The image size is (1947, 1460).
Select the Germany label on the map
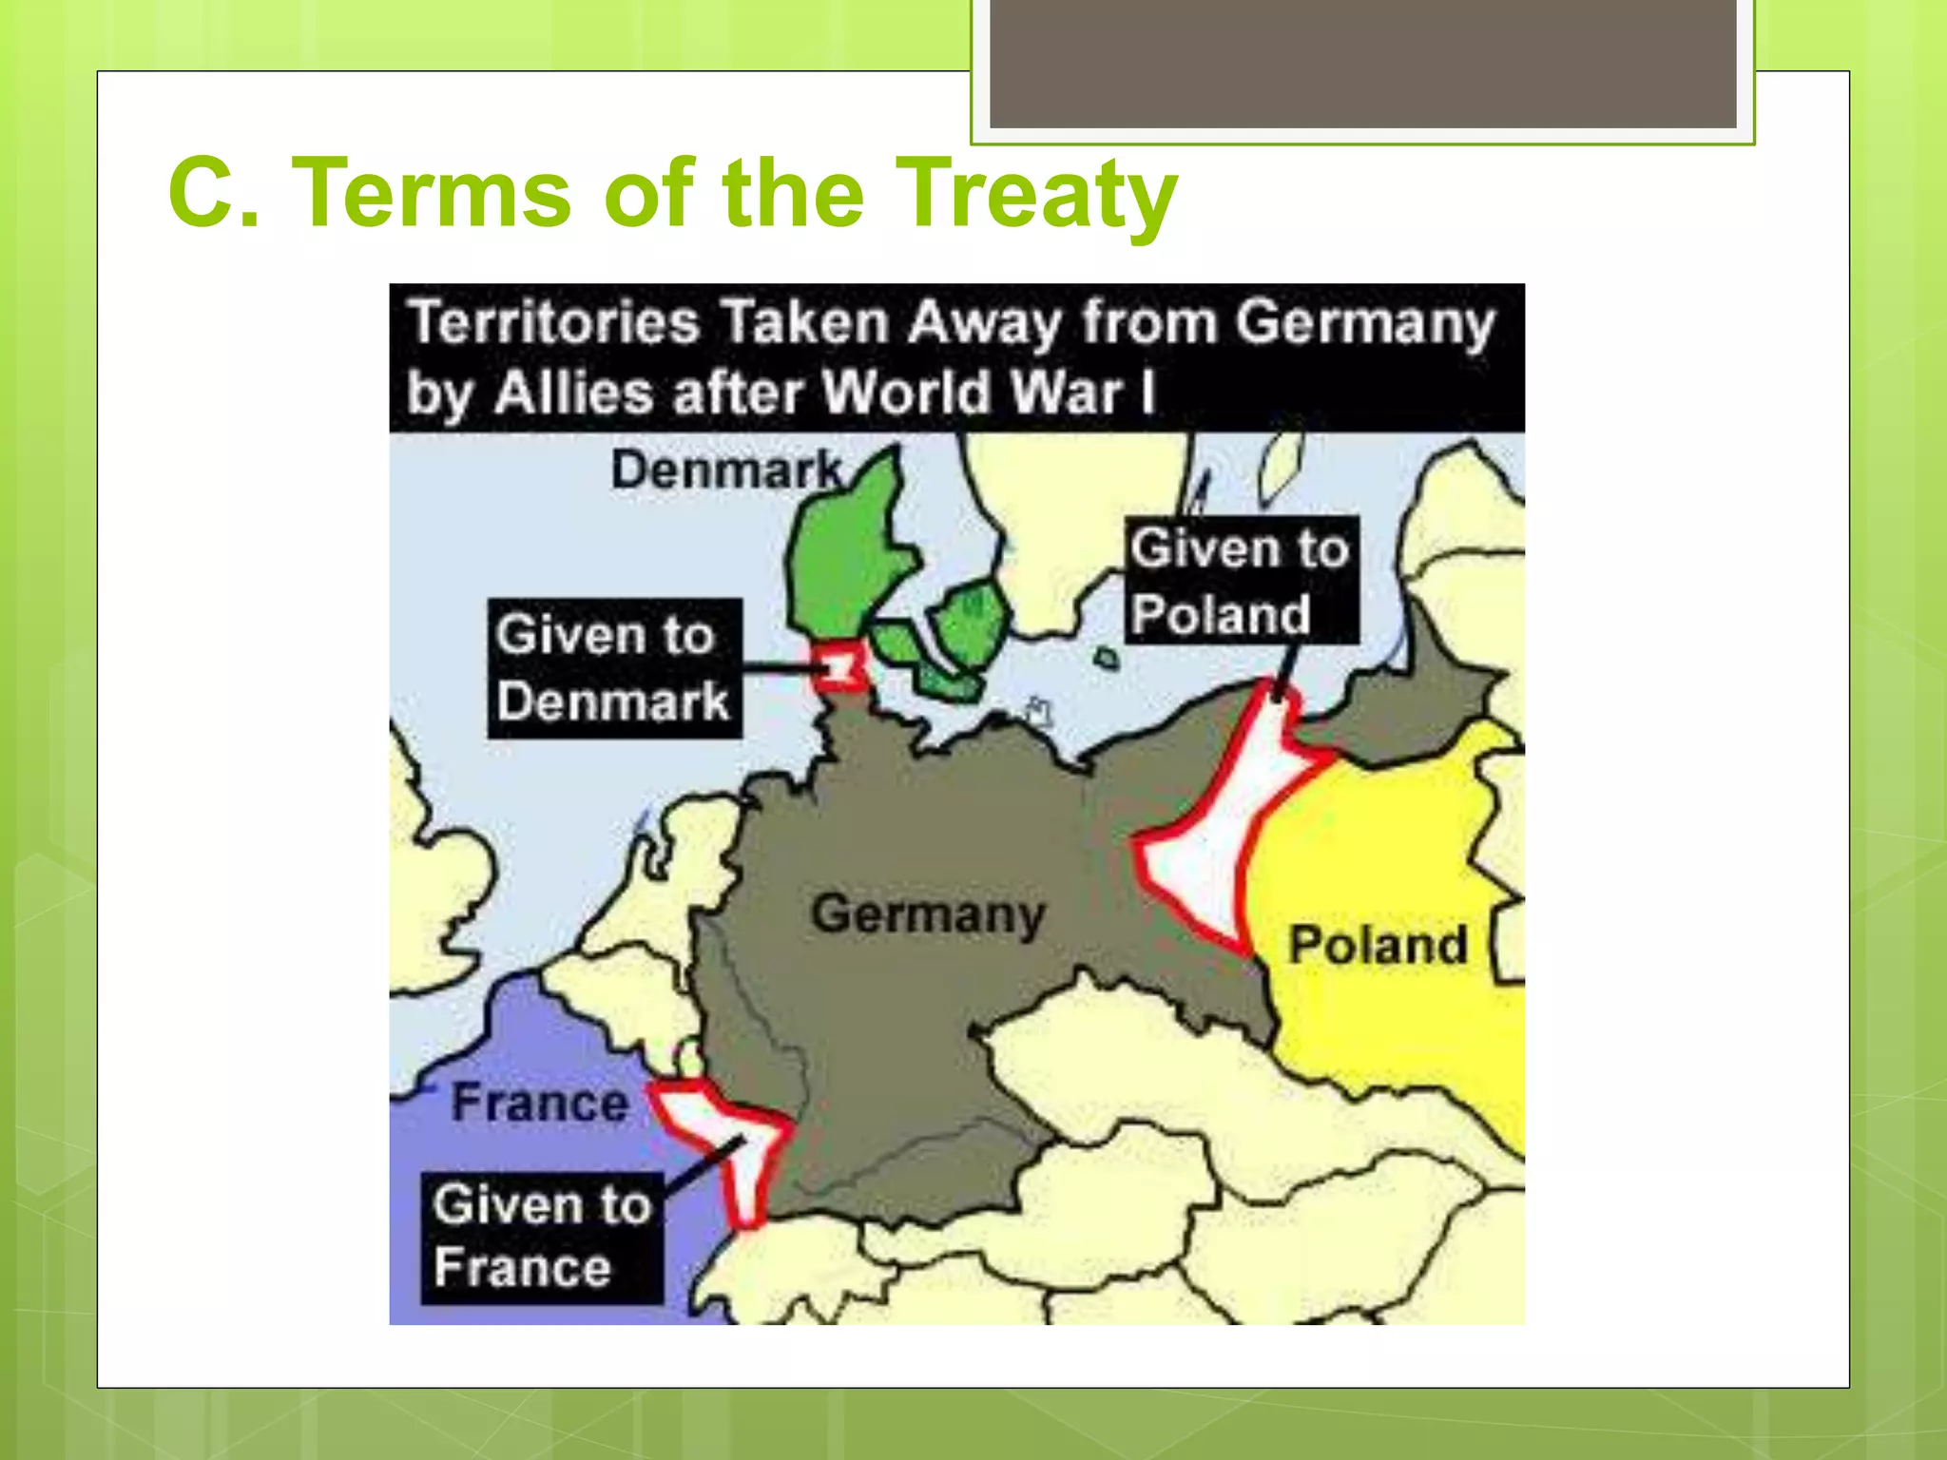click(928, 914)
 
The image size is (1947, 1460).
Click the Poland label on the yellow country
click(1378, 945)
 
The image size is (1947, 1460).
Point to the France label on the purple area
click(539, 1103)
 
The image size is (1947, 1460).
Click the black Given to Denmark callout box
click(614, 668)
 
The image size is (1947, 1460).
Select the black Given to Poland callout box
click(1241, 580)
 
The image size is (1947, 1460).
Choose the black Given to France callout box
click(541, 1237)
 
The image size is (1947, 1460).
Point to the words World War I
click(989, 393)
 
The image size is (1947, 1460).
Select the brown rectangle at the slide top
click(1362, 63)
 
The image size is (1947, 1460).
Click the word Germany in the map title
click(1365, 324)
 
